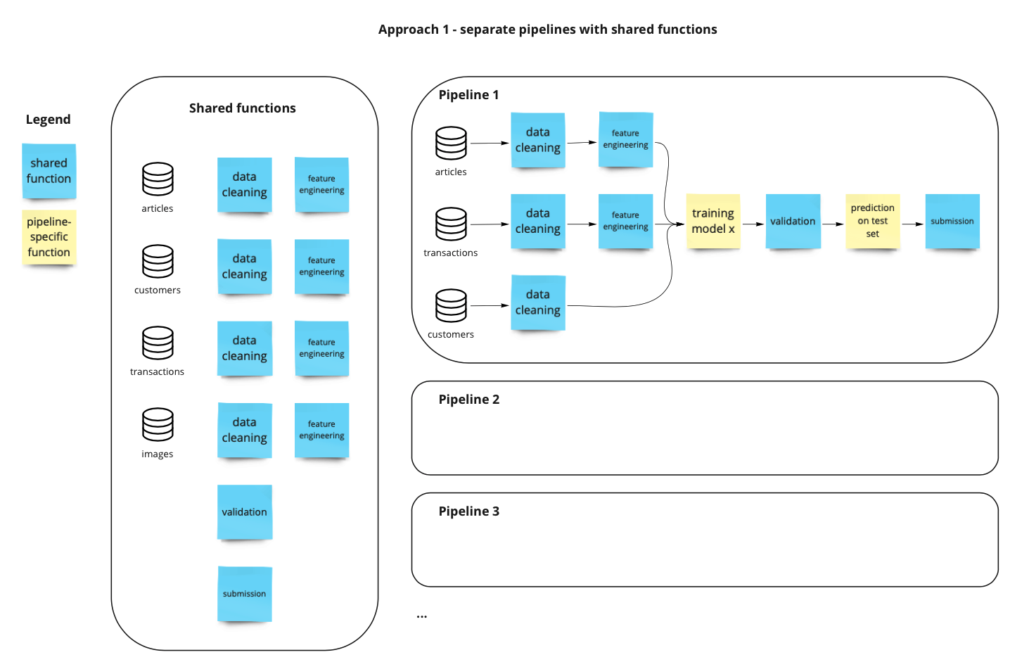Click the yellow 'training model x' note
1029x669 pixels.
click(712, 221)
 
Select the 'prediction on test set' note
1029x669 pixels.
click(872, 221)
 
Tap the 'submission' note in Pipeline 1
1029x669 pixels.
click(952, 221)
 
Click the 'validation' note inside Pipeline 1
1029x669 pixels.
click(793, 221)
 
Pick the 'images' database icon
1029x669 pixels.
click(158, 425)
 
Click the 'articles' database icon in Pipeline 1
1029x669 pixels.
click(451, 143)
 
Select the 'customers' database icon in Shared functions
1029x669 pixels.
click(158, 261)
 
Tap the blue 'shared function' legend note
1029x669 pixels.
click(49, 171)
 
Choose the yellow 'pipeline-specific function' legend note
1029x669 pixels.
click(49, 237)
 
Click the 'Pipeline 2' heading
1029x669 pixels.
click(468, 400)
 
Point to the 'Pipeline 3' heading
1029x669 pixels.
click(468, 511)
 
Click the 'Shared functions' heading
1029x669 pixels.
click(242, 108)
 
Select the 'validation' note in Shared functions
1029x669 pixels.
click(244, 512)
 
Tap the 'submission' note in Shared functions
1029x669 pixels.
click(244, 594)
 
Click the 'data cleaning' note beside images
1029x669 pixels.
click(244, 430)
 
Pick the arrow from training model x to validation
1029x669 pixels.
click(753, 224)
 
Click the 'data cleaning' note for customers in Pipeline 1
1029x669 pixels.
click(537, 302)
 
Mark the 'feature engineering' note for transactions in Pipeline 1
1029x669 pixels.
click(625, 221)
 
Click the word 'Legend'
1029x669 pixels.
click(48, 120)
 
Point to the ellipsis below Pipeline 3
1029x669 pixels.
click(421, 616)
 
